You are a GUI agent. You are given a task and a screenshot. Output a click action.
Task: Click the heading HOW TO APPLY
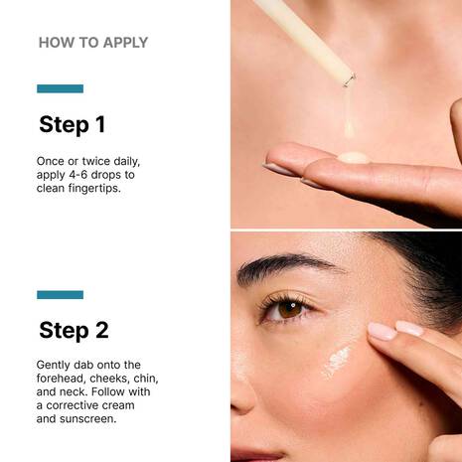click(92, 43)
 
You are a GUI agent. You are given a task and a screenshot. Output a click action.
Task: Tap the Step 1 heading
click(72, 124)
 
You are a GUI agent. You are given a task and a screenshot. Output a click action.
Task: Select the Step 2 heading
click(74, 330)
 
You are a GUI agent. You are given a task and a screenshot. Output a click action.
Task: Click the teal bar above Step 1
click(60, 88)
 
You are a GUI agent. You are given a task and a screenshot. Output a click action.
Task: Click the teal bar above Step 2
click(60, 294)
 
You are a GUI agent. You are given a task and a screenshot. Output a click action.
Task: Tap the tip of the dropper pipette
click(349, 77)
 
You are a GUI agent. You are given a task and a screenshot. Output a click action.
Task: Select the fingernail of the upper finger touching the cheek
click(382, 330)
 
